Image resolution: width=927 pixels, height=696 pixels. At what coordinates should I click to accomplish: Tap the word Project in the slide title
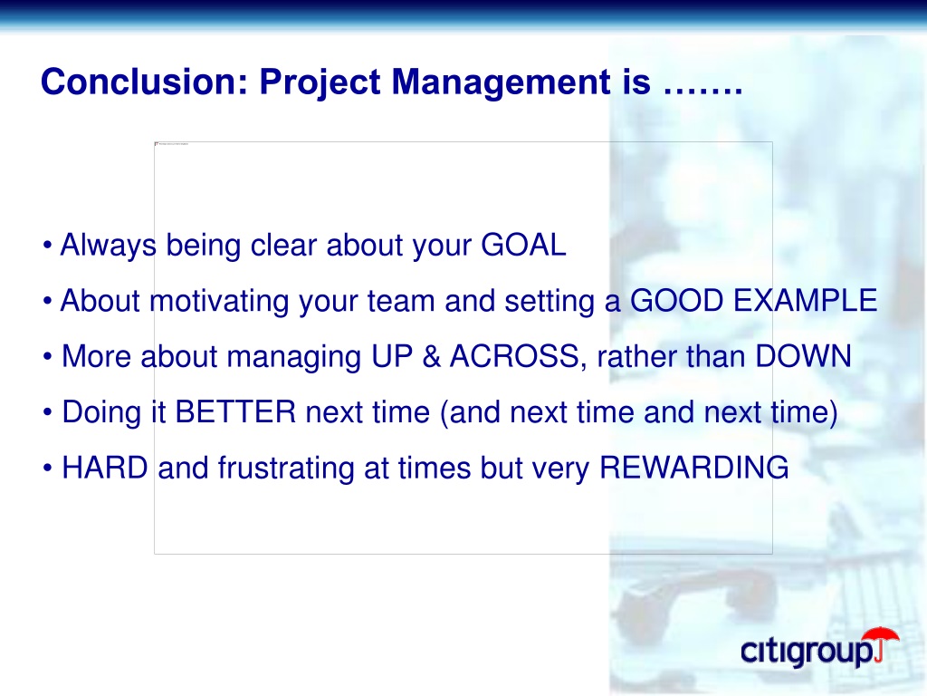pos(320,82)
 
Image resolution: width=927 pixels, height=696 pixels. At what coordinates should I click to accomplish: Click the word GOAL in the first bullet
pos(523,245)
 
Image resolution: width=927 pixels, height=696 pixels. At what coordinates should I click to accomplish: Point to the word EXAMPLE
pos(805,300)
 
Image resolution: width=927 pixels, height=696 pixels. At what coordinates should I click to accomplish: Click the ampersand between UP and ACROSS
pos(432,355)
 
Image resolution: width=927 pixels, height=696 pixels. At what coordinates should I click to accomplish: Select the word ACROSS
pos(514,355)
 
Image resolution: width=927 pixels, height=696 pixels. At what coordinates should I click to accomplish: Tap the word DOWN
pos(804,355)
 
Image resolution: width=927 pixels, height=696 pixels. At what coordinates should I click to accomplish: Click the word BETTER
pos(235,411)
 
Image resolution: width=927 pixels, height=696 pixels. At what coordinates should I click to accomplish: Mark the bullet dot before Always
pos(47,245)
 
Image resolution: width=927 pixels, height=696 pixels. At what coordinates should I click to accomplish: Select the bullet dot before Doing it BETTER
pos(47,412)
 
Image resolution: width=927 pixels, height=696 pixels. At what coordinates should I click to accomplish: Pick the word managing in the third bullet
pos(294,357)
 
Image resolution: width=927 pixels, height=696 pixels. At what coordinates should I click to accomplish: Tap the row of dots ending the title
pos(702,92)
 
